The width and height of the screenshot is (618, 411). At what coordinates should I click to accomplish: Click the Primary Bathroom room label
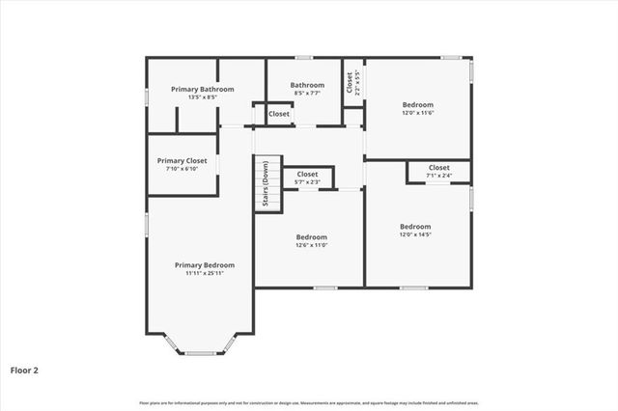[203, 89]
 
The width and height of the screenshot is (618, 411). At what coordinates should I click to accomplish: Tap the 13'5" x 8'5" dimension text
[203, 96]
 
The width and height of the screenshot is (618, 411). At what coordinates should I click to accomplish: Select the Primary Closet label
[183, 161]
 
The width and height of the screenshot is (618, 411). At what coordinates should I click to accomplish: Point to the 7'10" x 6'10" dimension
[183, 169]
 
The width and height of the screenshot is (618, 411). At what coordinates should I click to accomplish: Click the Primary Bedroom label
[204, 264]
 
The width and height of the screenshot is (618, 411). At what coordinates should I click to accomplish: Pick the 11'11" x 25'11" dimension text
[204, 273]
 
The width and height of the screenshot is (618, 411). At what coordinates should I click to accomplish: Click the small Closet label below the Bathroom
[279, 114]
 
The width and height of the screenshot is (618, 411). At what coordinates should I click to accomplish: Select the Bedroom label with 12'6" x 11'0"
[311, 236]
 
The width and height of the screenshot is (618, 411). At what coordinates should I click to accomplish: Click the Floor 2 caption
[24, 370]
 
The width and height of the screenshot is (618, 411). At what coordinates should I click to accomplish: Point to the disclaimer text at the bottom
[309, 402]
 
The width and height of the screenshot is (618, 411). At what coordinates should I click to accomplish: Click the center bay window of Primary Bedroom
[201, 353]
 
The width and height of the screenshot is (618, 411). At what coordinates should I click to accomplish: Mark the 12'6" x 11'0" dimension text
[311, 245]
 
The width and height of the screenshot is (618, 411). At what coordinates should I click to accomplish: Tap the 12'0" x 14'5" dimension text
[415, 234]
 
